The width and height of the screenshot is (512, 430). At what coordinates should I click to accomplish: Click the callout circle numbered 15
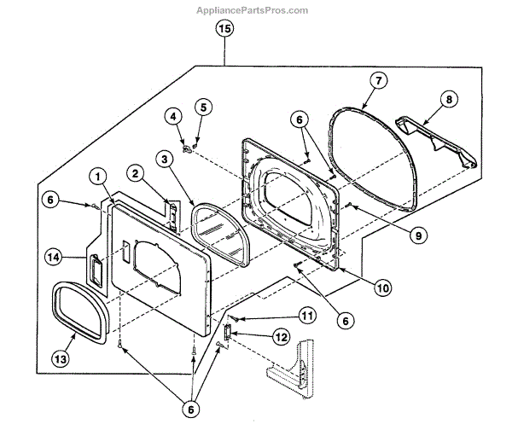(224, 30)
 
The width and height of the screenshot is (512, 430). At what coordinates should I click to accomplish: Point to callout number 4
(173, 115)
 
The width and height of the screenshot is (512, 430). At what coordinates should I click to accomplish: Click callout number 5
(201, 107)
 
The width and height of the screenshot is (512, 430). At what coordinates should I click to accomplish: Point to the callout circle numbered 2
(133, 174)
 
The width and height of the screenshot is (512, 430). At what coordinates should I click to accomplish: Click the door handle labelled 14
(96, 272)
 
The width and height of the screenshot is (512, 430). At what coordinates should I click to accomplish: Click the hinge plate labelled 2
(172, 216)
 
